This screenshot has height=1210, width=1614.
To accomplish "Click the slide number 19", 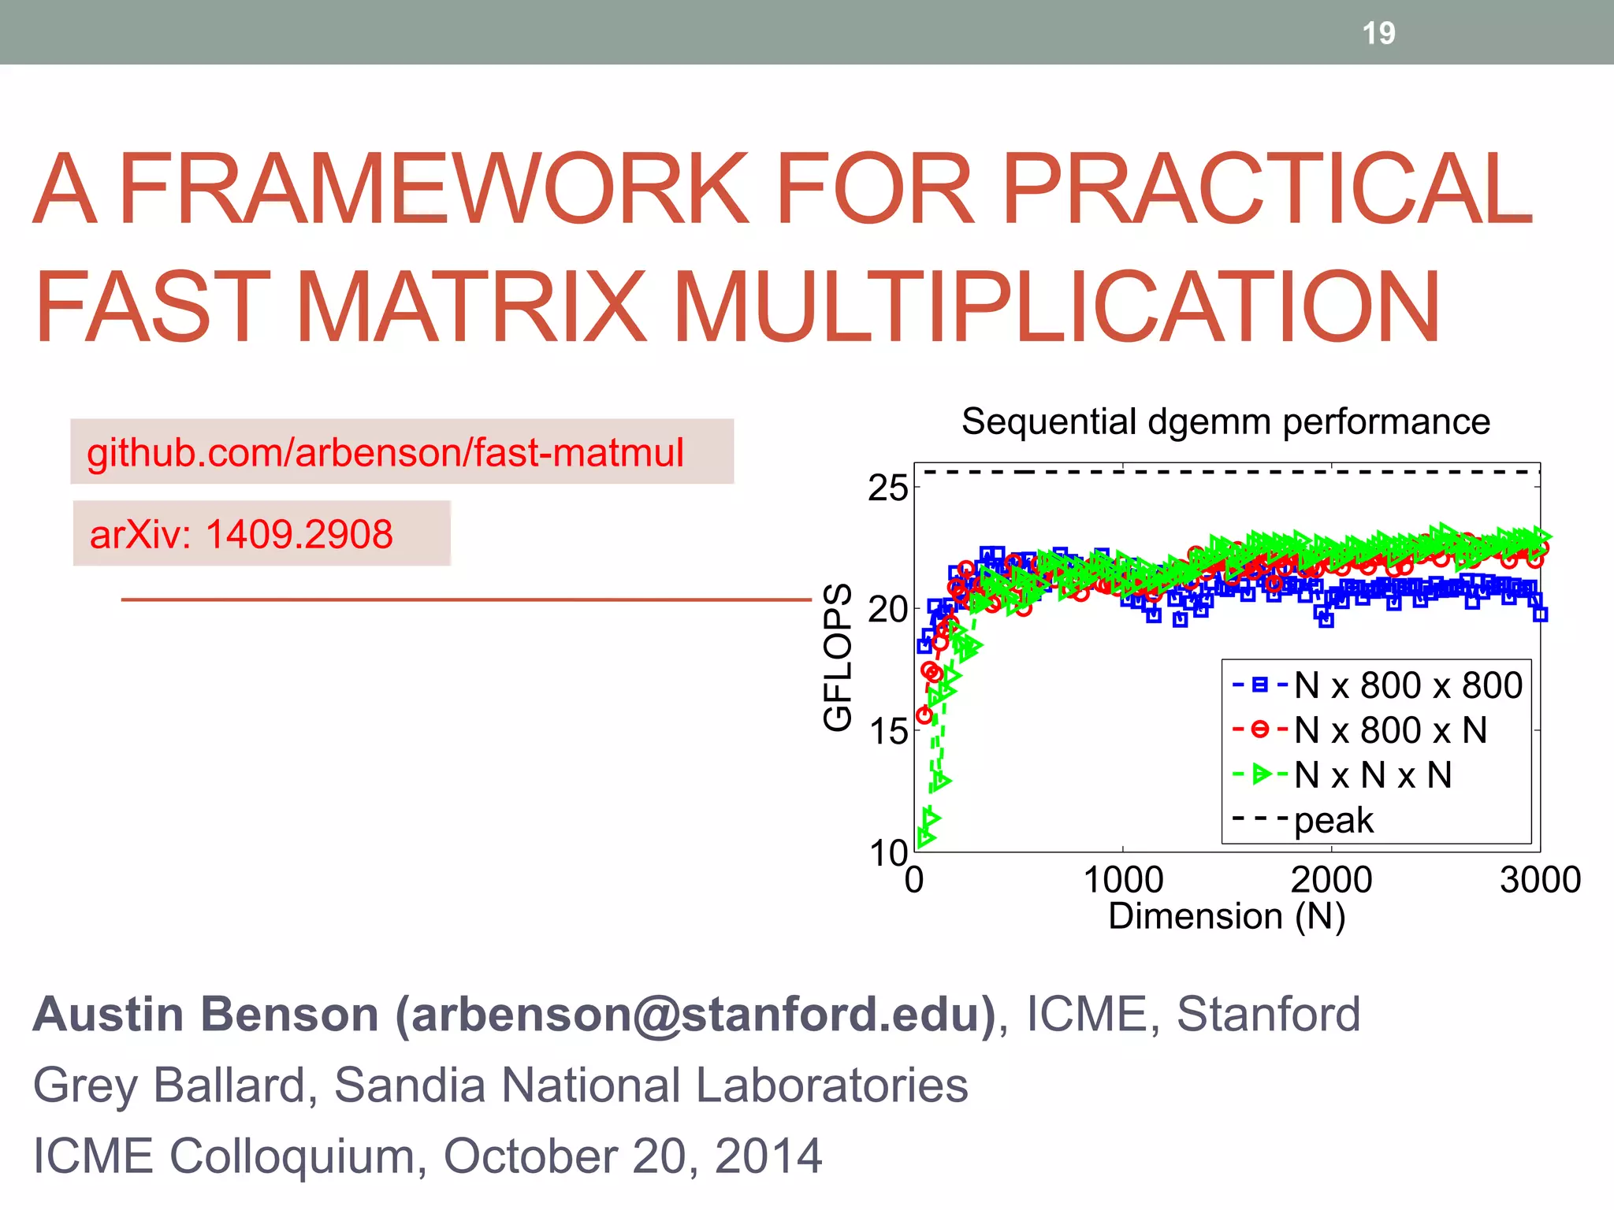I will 1378,33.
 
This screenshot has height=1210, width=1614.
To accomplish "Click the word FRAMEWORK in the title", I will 433,189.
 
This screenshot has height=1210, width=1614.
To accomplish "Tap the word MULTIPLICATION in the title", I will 1056,307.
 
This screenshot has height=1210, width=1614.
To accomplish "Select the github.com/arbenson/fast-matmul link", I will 385,453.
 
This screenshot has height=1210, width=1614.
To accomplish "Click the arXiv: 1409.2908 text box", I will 241,534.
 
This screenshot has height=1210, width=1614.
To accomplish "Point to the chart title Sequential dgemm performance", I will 1225,421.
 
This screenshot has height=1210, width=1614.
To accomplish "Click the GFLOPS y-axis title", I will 838,657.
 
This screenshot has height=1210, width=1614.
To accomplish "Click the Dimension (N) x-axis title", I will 1226,916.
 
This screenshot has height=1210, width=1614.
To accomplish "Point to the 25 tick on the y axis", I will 887,488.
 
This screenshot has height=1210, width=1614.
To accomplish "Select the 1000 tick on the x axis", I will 1123,880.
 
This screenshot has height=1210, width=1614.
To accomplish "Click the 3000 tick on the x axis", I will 1540,880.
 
